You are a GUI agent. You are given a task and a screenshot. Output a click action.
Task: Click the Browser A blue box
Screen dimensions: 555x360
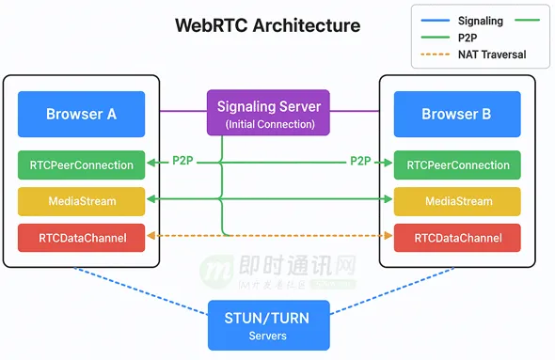click(x=82, y=115)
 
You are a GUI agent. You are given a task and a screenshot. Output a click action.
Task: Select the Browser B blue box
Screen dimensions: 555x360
click(x=457, y=115)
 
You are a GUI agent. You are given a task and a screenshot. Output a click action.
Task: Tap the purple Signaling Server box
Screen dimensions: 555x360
click(x=268, y=113)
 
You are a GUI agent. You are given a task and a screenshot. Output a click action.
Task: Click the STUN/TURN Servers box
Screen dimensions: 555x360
click(x=269, y=325)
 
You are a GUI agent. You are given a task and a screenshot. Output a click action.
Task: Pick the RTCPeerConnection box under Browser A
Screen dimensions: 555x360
click(x=82, y=165)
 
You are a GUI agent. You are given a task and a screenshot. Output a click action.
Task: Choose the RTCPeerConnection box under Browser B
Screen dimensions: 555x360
click(x=457, y=165)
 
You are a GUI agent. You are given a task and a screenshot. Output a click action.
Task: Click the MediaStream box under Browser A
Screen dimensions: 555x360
click(x=82, y=201)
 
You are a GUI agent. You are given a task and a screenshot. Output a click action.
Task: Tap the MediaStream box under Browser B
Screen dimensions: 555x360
click(x=457, y=201)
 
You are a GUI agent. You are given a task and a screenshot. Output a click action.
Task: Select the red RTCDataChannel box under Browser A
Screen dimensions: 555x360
click(x=82, y=238)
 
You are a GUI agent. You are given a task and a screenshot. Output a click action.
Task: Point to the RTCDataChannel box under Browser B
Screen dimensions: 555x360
click(x=457, y=238)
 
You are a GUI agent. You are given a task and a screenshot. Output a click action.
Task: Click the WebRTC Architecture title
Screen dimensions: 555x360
click(x=268, y=25)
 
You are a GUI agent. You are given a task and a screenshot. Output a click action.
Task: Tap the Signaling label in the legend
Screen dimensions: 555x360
click(x=481, y=21)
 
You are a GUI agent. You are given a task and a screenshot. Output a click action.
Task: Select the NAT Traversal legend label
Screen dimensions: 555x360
click(x=492, y=55)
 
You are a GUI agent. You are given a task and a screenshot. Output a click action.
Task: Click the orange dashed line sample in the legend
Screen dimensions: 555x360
click(x=435, y=55)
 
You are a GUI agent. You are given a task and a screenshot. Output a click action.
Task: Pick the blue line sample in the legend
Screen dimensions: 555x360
click(x=435, y=21)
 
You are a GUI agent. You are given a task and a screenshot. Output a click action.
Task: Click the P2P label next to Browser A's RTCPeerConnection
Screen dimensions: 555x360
click(x=182, y=161)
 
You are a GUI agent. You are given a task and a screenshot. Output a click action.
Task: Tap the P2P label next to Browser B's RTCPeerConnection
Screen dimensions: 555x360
click(x=360, y=161)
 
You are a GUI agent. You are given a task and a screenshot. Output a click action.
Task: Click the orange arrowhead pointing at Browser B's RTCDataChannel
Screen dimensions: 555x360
click(x=388, y=236)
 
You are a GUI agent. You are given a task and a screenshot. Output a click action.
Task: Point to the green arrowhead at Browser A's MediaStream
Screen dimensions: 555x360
click(x=151, y=199)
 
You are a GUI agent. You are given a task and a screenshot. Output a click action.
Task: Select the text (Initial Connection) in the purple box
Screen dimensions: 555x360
click(x=270, y=124)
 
